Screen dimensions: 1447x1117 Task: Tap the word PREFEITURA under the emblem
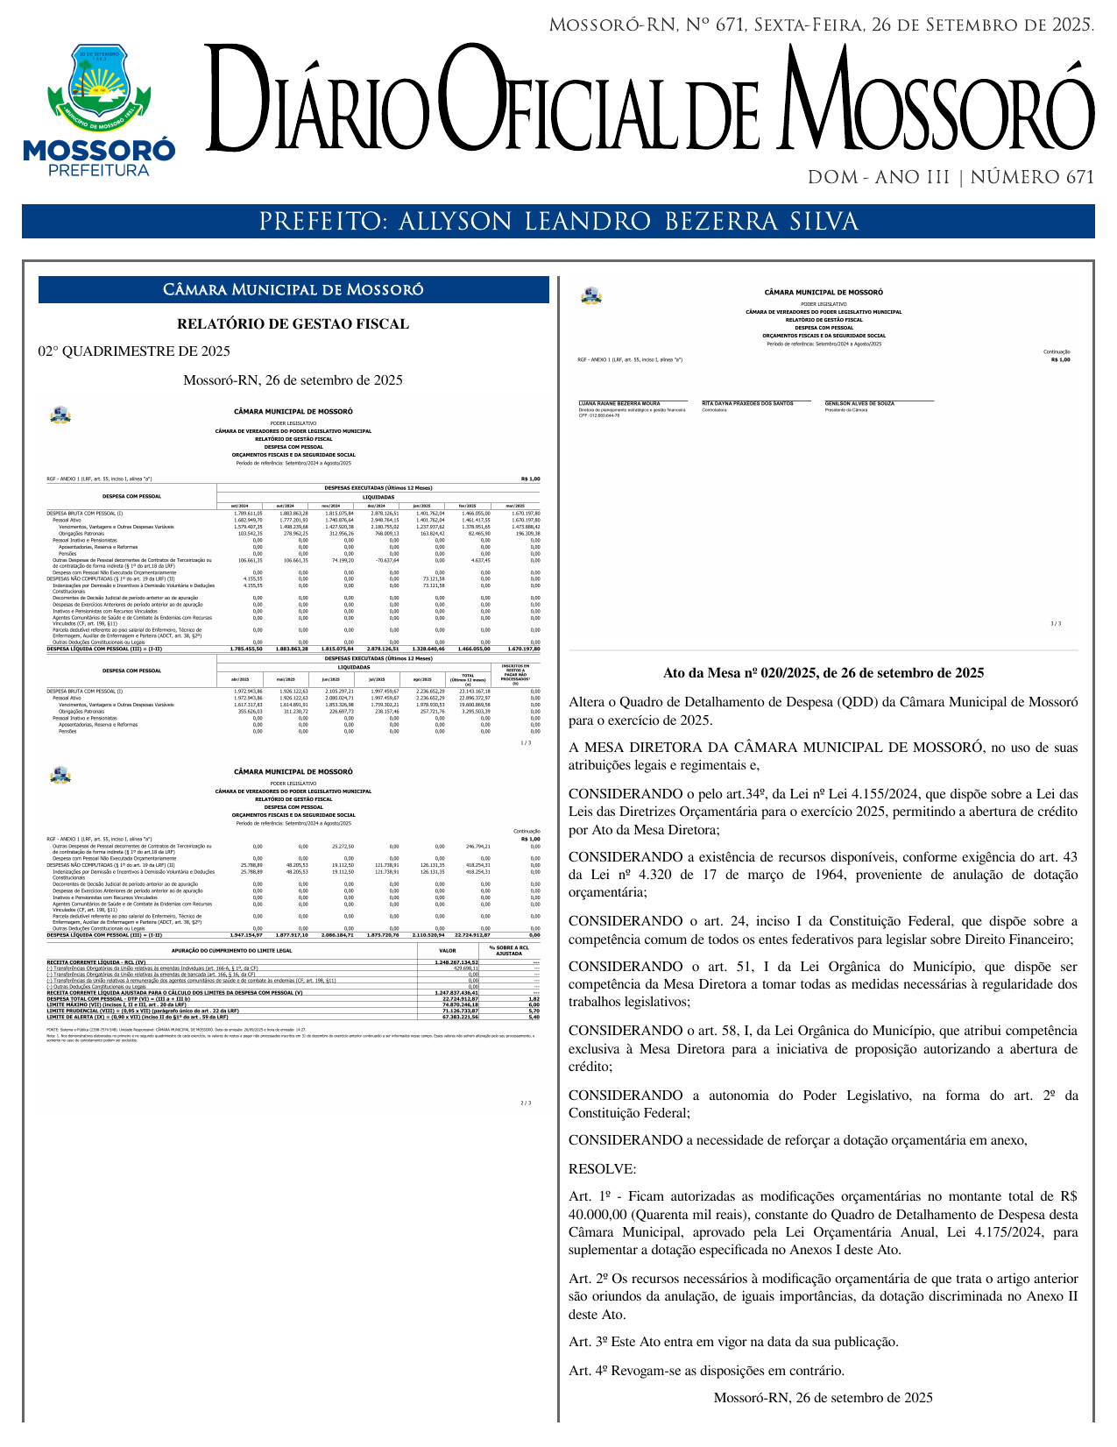[99, 170]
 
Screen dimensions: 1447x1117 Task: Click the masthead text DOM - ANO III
[879, 178]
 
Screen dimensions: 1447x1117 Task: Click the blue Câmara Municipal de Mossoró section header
[293, 290]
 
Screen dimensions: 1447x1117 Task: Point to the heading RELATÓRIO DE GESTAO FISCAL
[293, 324]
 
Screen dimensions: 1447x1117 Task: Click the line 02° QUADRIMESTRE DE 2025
[134, 351]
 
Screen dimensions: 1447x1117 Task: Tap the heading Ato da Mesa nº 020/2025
[823, 673]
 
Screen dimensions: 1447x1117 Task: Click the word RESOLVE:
[602, 1169]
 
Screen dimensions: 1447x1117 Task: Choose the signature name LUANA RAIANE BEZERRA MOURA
[619, 404]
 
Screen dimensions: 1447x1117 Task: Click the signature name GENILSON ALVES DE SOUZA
[859, 404]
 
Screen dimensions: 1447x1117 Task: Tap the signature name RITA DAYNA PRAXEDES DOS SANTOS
[747, 404]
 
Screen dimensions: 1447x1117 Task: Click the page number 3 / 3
[1055, 624]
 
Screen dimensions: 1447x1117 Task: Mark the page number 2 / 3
[526, 1103]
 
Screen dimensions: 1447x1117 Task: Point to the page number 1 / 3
[526, 743]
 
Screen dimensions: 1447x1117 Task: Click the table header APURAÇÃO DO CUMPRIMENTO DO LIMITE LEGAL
[231, 949]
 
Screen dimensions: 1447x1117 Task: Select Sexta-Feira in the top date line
[806, 25]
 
